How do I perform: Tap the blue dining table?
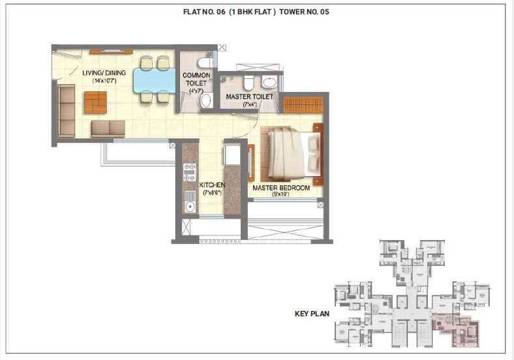[x=151, y=80]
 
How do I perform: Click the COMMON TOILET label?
[x=196, y=80]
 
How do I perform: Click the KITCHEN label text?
[x=212, y=185]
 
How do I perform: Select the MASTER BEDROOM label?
[x=281, y=188]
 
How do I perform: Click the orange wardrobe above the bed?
[x=303, y=104]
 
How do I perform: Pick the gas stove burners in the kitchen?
[x=190, y=172]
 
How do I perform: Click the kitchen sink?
[x=190, y=208]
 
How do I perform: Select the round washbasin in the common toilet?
[x=205, y=100]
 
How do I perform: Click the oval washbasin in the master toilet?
[x=269, y=83]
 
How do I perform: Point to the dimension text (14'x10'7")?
[x=104, y=81]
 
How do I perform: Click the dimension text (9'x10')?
[x=281, y=194]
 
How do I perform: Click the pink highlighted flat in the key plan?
[x=457, y=323]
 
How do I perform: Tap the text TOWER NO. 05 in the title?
[x=304, y=12]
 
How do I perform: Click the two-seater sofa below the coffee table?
[x=108, y=128]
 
